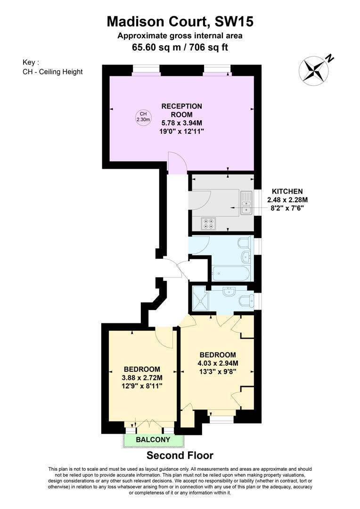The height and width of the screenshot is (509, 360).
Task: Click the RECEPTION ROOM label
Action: click(182, 110)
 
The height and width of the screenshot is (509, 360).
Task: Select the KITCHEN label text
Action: click(287, 191)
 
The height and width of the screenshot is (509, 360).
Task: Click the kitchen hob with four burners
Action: click(208, 223)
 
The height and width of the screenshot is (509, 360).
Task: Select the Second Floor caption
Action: click(180, 455)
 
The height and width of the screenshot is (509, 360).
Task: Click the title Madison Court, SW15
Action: click(180, 21)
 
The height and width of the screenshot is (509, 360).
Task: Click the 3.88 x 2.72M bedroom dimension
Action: click(142, 378)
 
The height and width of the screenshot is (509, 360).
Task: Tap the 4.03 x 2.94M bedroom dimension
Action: click(217, 363)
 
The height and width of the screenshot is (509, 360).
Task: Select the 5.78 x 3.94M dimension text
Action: click(182, 123)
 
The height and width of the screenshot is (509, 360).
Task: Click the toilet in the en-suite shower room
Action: click(246, 300)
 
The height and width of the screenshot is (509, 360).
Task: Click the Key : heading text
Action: click(31, 62)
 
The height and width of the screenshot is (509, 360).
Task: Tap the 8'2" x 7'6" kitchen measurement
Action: click(287, 207)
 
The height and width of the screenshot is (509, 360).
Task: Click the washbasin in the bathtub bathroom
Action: click(245, 257)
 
